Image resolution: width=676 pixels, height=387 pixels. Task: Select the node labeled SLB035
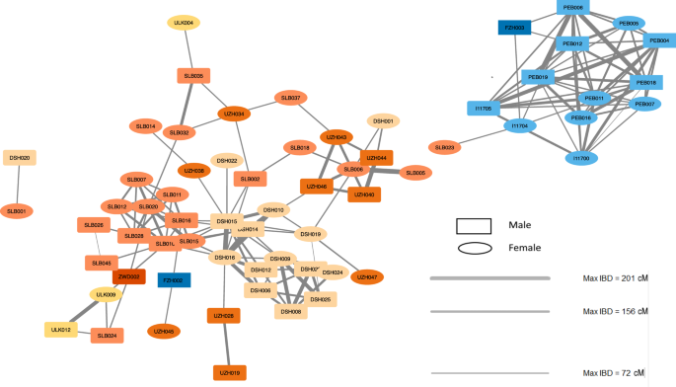pos(192,75)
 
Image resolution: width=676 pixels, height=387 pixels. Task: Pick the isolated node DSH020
pos(19,158)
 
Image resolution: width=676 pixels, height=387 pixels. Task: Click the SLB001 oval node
pos(17,210)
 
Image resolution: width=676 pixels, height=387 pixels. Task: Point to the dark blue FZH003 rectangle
pos(515,29)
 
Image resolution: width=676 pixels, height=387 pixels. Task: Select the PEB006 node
pos(572,7)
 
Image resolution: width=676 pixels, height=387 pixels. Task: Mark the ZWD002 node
pos(128,277)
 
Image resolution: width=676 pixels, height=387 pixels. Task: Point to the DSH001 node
pos(384,121)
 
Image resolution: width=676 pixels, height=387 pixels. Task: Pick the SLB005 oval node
pos(413,173)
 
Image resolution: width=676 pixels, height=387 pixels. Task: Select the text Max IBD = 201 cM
pos(614,279)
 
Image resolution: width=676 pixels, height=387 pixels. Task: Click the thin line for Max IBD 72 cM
pos(489,373)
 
